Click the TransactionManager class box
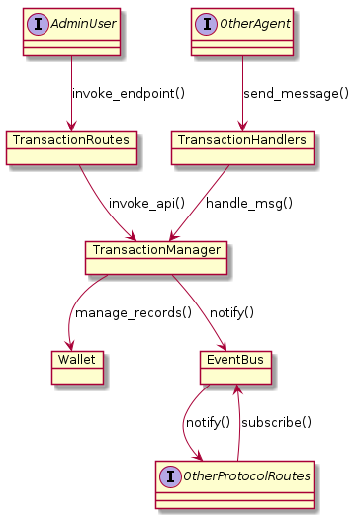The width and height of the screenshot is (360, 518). (x=157, y=257)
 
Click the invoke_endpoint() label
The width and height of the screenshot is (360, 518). (x=129, y=94)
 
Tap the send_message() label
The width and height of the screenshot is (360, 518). (x=297, y=94)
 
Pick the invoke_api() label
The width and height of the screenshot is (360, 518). (x=146, y=203)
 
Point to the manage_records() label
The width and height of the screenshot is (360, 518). (x=134, y=312)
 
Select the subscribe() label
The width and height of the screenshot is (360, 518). (x=277, y=422)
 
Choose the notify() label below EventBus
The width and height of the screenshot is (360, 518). (x=207, y=422)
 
